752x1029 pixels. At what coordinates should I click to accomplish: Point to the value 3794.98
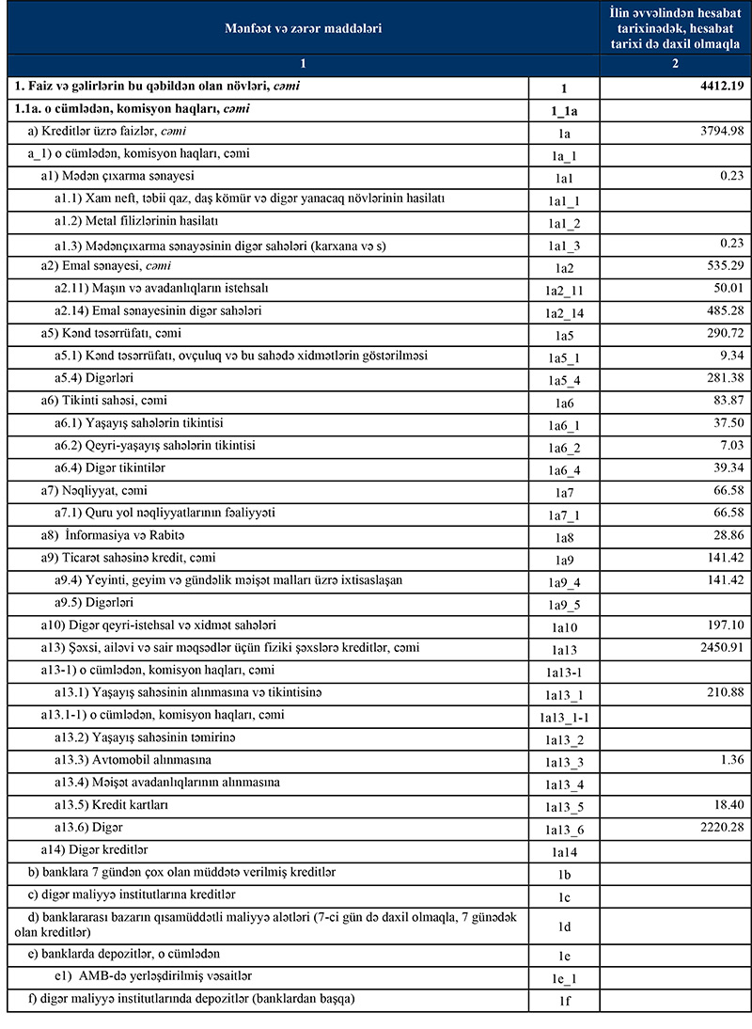coord(718,132)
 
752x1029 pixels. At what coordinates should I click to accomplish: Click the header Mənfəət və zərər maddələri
coord(303,29)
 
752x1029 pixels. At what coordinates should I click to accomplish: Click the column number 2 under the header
coord(676,65)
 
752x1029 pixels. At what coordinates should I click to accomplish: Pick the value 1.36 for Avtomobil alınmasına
coord(728,759)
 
